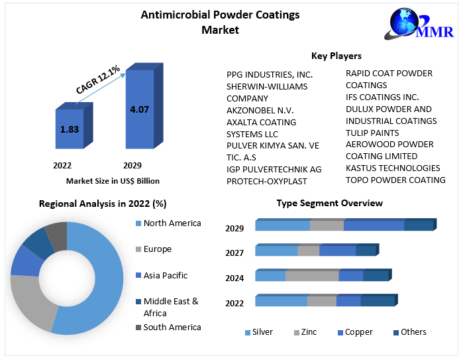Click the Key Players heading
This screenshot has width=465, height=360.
point(336,56)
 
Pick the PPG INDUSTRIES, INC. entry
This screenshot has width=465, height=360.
point(270,74)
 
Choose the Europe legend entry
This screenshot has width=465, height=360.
point(157,249)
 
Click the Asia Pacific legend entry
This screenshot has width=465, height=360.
point(165,275)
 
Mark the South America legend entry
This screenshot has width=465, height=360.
point(172,327)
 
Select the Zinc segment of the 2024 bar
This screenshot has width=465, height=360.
point(312,276)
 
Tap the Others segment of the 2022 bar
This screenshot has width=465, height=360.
point(378,301)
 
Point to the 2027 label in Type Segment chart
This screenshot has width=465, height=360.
point(234,253)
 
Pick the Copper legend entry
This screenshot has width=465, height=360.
point(358,331)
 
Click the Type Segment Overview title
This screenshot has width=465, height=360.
point(329,203)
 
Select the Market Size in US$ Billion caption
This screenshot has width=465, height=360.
point(113,180)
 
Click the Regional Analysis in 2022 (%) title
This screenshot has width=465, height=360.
point(103,204)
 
